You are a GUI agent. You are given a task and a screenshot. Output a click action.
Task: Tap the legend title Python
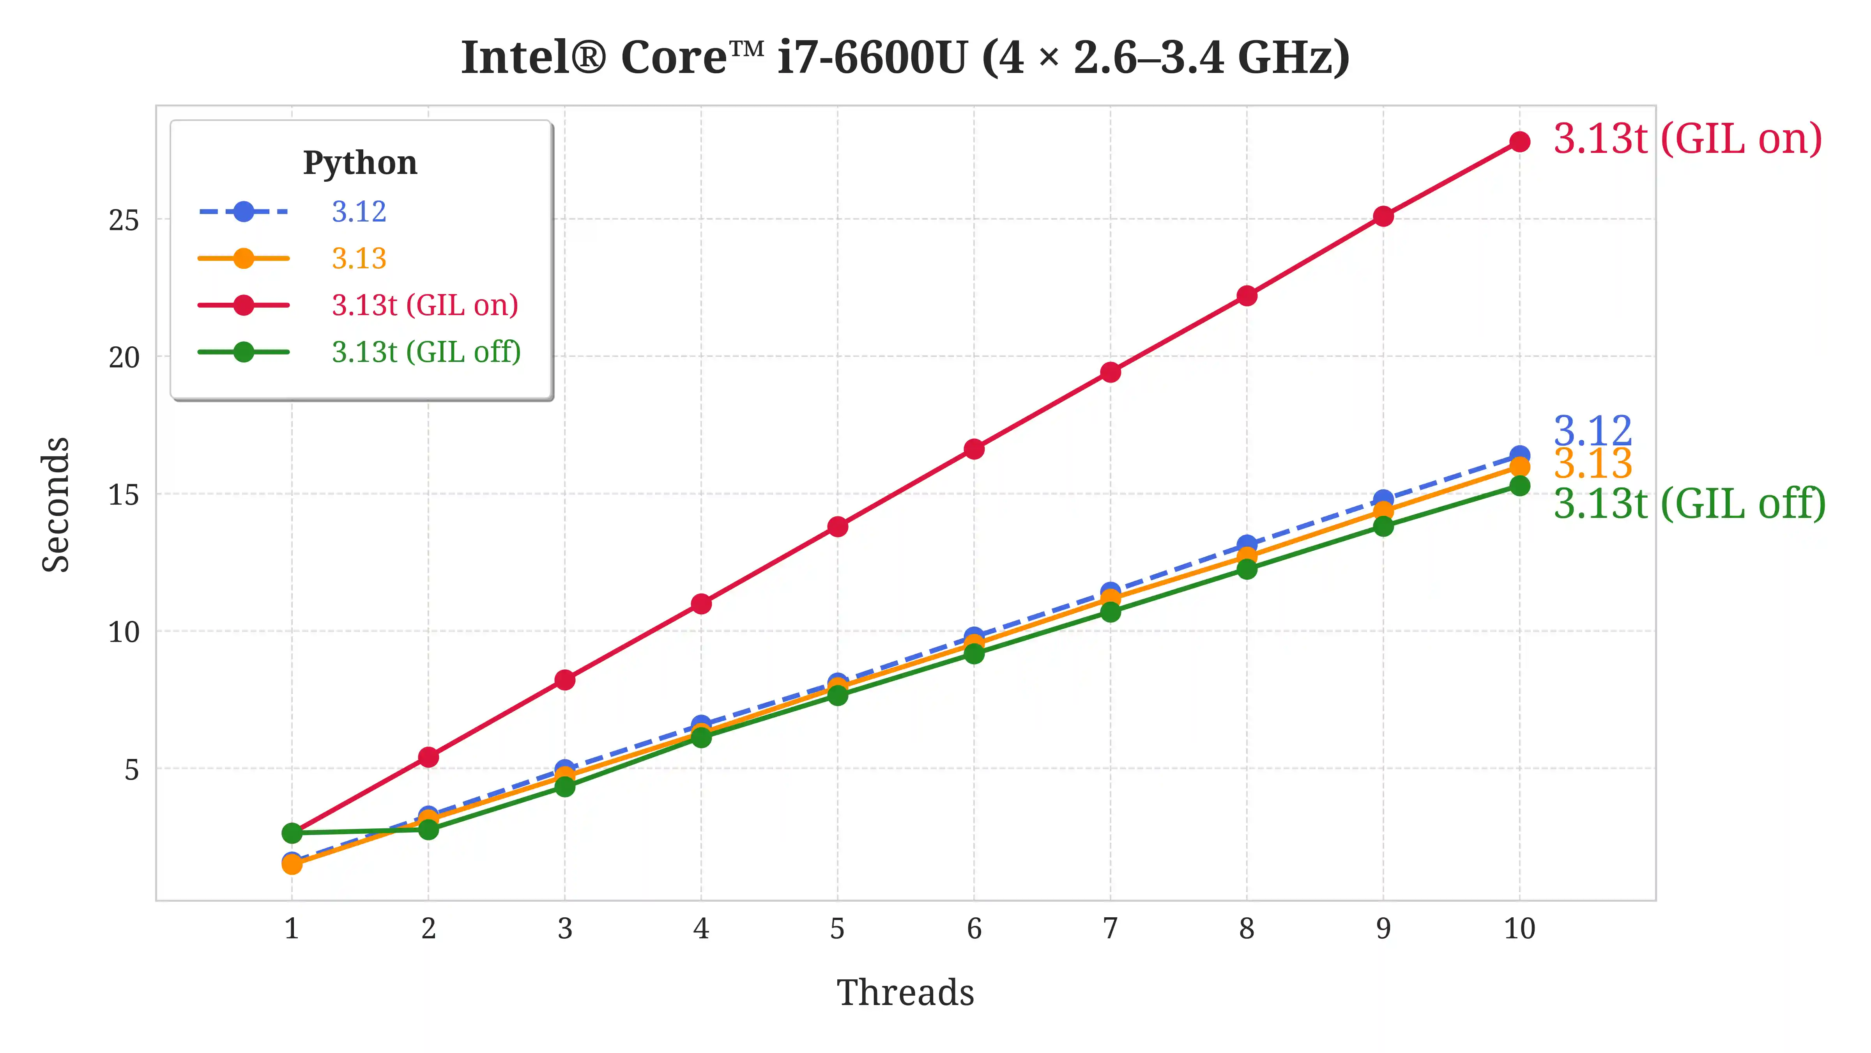click(360, 163)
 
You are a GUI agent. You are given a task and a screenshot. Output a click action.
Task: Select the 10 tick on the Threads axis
click(1519, 929)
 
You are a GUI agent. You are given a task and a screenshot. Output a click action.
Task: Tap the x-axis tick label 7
click(1110, 929)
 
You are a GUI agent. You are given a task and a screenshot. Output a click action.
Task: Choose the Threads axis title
click(905, 993)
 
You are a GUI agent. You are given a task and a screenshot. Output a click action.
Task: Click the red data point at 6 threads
click(974, 449)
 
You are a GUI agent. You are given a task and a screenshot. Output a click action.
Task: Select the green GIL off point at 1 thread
click(292, 832)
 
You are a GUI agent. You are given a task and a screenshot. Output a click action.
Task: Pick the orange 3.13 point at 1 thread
click(292, 864)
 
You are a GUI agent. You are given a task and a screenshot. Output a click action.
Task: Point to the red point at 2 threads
click(428, 757)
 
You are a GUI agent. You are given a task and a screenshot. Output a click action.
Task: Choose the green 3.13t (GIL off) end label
click(1689, 503)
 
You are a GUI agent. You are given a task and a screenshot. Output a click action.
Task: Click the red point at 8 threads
click(1247, 296)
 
